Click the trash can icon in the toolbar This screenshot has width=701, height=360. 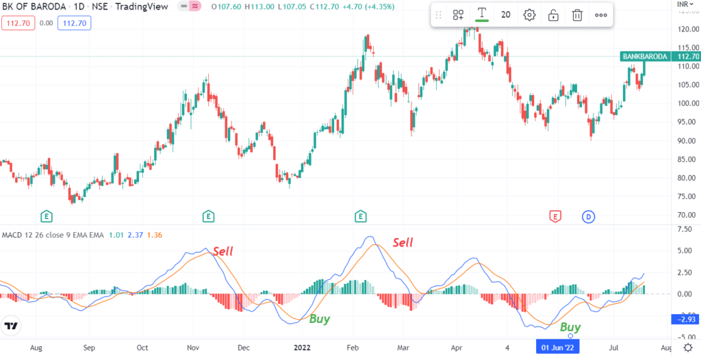coord(577,15)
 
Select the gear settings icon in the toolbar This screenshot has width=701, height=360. coord(529,15)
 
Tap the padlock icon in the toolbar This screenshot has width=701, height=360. coord(553,15)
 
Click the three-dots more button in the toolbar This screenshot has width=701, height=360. coord(600,15)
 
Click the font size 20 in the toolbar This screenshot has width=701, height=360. coord(506,15)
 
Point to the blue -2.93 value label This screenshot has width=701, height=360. coord(686,320)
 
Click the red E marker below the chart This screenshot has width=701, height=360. coord(555,217)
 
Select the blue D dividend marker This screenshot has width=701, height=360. coord(588,217)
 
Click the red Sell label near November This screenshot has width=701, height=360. coord(222,251)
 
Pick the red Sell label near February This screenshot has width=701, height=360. coord(403,242)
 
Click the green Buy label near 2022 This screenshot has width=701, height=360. coord(319,318)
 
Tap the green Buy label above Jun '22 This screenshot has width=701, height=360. coord(570,327)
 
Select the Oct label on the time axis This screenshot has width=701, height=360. coord(142,348)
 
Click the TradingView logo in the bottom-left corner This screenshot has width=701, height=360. coord(10,326)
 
